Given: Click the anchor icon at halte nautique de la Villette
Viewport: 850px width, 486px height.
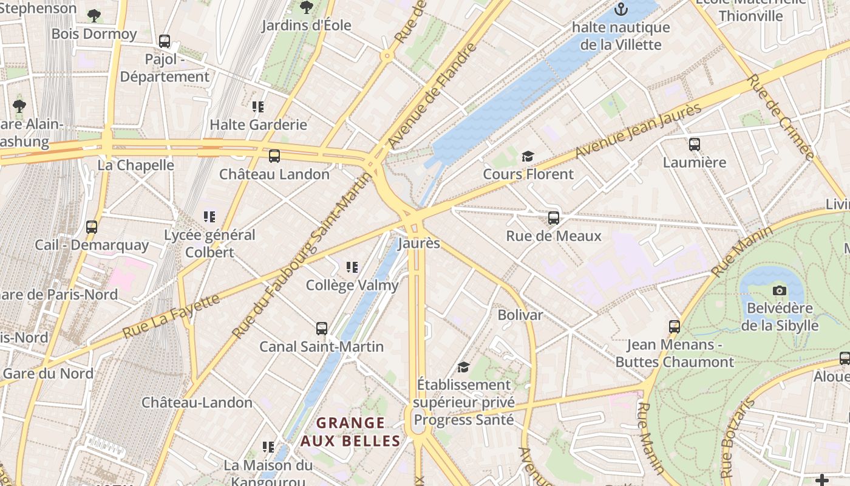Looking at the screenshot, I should pos(620,9).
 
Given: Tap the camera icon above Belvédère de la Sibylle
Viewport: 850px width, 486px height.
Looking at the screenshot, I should pos(780,290).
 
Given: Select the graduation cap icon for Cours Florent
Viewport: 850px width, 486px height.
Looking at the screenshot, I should pos(528,157).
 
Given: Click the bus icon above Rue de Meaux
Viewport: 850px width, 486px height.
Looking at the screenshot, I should pos(553,217).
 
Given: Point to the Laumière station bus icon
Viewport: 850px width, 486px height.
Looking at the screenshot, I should pos(695,145).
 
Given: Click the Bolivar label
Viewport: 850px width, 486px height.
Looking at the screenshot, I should pos(520,315).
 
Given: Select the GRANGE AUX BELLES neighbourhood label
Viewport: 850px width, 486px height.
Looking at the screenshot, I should pos(351,432).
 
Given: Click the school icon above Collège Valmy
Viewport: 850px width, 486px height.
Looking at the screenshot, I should pos(352,267).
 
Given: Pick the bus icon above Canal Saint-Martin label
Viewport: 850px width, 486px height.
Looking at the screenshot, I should pos(322,329).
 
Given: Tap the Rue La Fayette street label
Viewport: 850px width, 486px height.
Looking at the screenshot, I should pos(171,317).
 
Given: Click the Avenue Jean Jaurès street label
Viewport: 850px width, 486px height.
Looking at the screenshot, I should pos(638,130).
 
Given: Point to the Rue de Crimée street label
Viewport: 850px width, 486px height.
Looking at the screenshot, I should pos(780,117).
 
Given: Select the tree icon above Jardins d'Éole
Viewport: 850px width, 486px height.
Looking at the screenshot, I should pos(307,7).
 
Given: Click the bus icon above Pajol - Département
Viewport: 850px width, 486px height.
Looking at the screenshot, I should pos(165,41).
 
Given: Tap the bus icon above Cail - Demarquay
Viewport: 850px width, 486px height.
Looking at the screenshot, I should pos(92,227).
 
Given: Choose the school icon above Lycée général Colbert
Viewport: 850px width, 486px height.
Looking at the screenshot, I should pos(209,217).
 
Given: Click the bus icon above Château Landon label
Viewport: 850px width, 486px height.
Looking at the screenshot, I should pos(274,156).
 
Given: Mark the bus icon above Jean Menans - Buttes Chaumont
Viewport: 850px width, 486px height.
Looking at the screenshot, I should pos(674,327).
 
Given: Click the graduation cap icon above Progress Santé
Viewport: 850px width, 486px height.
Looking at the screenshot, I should pos(463,367).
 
